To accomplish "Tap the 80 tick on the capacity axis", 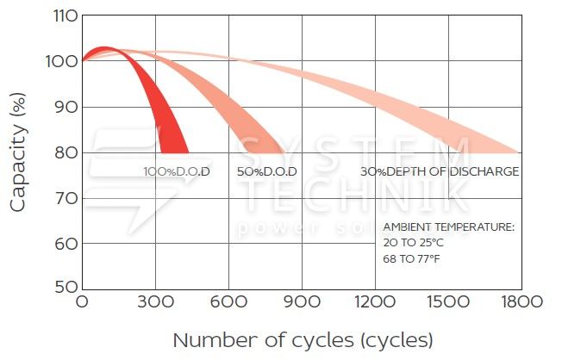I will (64, 152).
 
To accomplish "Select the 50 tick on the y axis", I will (64, 286).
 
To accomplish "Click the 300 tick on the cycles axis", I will (155, 302).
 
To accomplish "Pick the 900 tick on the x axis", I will (302, 302).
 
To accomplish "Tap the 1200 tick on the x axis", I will (375, 302).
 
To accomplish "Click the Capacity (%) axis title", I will (19, 152).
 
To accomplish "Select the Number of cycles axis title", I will (302, 338).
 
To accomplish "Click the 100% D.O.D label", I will (177, 171).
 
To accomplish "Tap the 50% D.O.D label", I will (267, 171).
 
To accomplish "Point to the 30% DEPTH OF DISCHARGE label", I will (440, 171).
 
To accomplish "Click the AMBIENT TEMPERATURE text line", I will (448, 227).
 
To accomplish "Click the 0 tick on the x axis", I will (82, 302).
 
